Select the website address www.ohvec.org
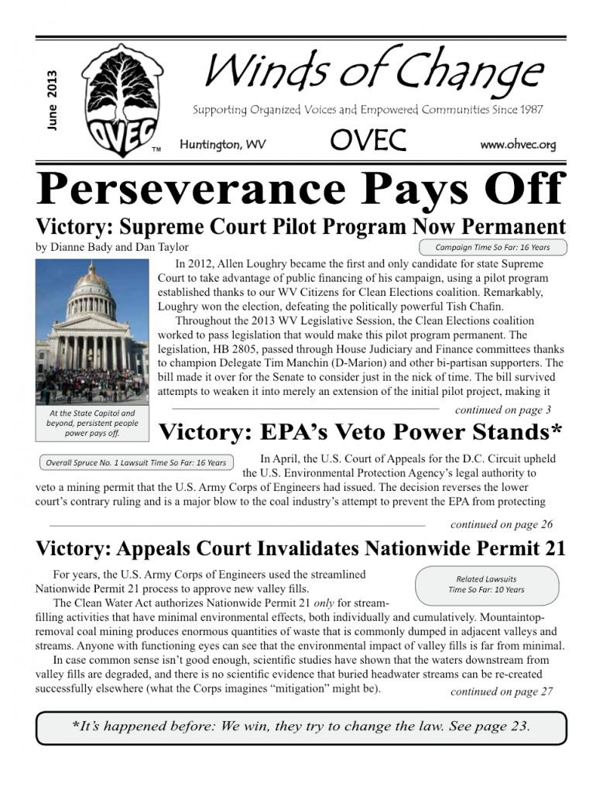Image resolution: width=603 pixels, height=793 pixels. pyautogui.click(x=518, y=145)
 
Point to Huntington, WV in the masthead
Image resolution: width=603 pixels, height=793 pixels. pyautogui.click(x=222, y=145)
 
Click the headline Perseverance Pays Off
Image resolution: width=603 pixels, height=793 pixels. pyautogui.click(x=301, y=190)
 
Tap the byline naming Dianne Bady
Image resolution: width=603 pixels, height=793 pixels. pyautogui.click(x=112, y=248)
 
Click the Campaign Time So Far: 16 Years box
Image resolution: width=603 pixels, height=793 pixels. pyautogui.click(x=492, y=248)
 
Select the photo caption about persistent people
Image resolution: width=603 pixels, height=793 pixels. pyautogui.click(x=91, y=423)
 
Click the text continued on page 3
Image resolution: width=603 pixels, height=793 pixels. pyautogui.click(x=503, y=410)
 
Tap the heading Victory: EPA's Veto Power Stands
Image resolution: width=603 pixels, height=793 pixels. pyautogui.click(x=360, y=431)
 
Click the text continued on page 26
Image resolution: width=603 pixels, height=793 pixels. pyautogui.click(x=502, y=524)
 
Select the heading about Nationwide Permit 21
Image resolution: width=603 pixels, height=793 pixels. pyautogui.click(x=301, y=549)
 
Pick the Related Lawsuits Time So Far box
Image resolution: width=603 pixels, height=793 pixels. pyautogui.click(x=486, y=584)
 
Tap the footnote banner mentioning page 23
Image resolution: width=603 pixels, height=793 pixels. pyautogui.click(x=301, y=727)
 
